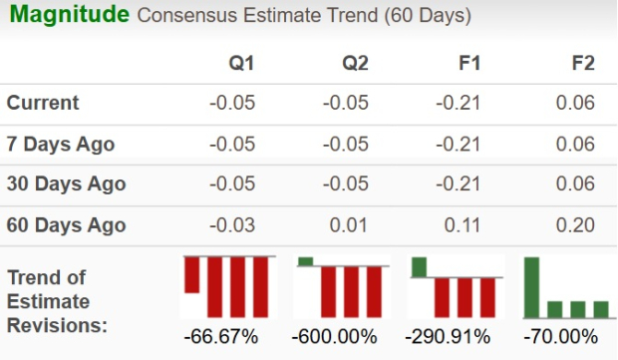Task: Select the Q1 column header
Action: (242, 63)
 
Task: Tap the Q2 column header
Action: (356, 63)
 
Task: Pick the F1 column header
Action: (469, 63)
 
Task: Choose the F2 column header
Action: (583, 63)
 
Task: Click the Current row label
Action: (43, 103)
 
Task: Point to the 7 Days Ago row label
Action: (61, 144)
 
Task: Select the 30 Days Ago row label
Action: (66, 184)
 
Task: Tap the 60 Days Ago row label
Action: (66, 225)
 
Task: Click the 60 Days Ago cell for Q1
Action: (233, 225)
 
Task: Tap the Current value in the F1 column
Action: (461, 103)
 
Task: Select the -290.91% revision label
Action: (451, 336)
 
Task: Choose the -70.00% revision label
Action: (563, 336)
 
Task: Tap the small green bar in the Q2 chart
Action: (305, 261)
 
